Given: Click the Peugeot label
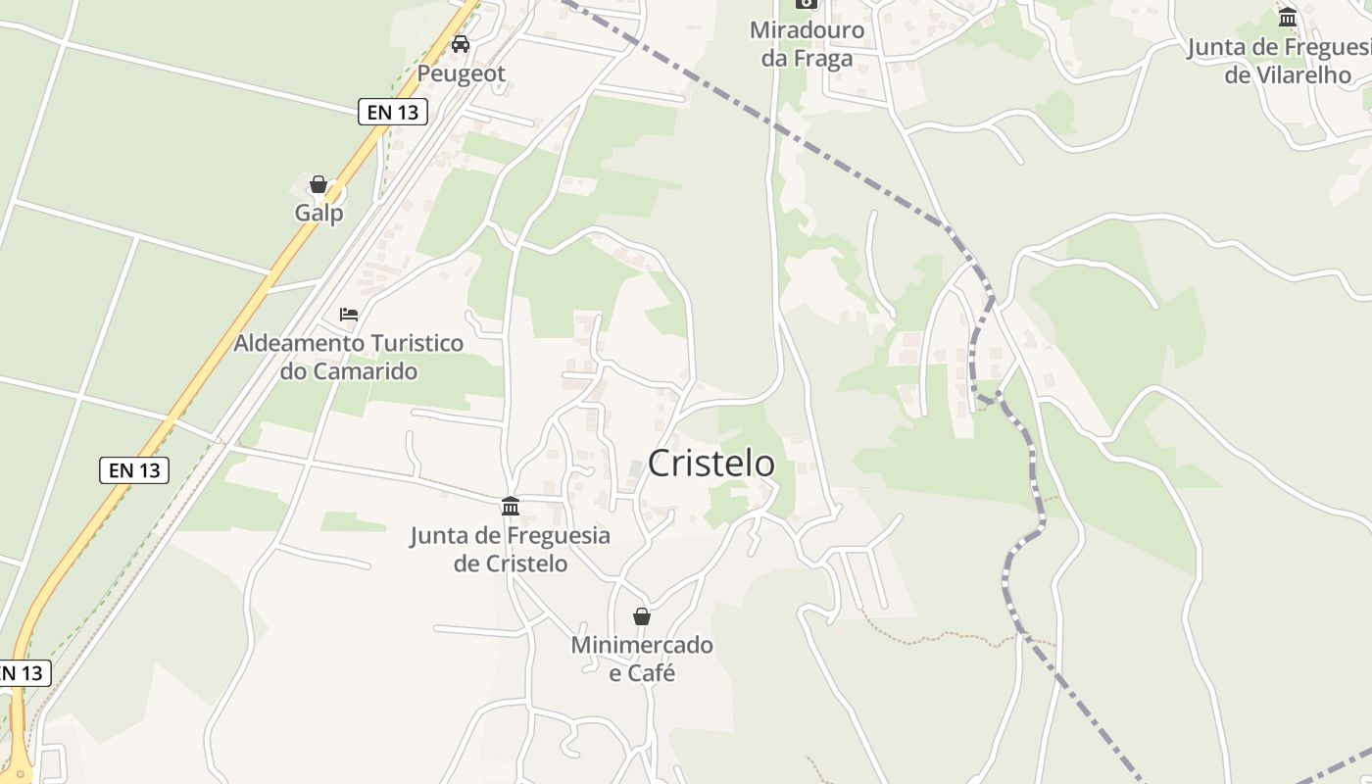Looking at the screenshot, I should coord(462,73).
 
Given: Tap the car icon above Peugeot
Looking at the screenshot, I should coord(461,44).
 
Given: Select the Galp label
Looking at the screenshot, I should coord(319,213).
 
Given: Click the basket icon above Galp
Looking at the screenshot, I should coord(318,184).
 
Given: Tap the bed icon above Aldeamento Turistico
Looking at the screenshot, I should coord(349,315).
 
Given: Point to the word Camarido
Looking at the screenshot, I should coord(363,371).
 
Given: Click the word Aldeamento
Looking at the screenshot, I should coord(301,344).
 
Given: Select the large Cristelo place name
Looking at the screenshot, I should coord(711,463).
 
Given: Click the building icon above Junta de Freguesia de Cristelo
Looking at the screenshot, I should coord(511,506).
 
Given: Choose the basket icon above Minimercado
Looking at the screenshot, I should coord(642,616).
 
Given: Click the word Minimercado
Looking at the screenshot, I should coord(642,646).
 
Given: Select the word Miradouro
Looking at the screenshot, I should coord(808,30).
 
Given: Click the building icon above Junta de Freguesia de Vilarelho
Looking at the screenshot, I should coord(1288,17).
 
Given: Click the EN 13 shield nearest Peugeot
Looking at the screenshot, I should coord(393,113).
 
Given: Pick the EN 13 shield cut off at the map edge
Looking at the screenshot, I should coord(22,673).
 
